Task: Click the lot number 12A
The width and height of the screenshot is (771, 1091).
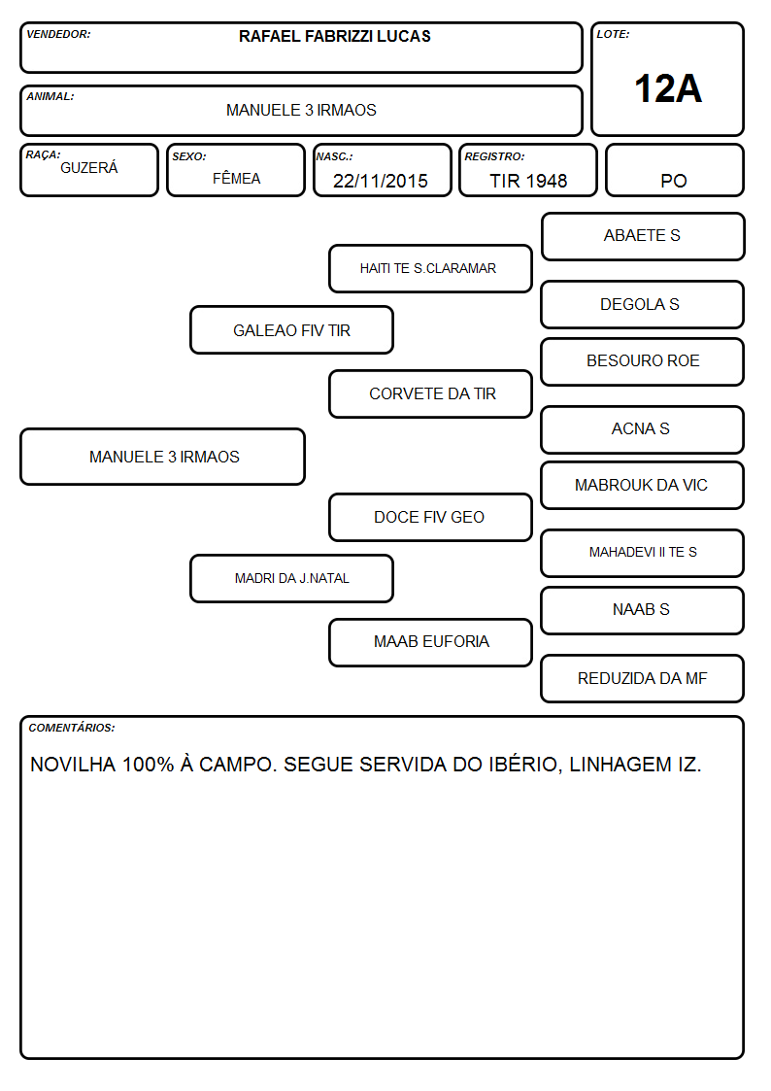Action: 667,89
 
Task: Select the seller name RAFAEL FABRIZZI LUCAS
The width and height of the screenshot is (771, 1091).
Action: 334,36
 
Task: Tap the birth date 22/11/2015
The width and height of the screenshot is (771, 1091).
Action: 381,181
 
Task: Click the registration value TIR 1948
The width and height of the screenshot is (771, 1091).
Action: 528,181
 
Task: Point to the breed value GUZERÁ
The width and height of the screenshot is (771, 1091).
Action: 89,168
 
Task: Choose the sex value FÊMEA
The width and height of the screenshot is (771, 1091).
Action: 236,178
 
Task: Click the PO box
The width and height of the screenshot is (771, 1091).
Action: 674,170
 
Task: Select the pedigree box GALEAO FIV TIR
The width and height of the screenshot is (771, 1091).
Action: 291,329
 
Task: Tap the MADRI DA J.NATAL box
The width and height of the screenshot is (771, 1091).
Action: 291,578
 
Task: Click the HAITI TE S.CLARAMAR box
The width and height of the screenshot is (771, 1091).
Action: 430,268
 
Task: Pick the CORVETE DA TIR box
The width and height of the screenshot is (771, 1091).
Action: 430,393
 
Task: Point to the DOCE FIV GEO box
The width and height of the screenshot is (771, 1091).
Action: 430,517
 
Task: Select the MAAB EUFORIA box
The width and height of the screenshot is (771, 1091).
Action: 430,642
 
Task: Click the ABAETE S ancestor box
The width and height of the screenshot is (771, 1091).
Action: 643,237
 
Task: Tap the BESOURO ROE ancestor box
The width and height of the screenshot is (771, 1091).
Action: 643,361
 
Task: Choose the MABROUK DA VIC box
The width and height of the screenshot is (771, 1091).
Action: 643,486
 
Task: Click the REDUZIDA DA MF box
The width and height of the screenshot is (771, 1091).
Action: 643,678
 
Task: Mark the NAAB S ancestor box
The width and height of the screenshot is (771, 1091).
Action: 643,610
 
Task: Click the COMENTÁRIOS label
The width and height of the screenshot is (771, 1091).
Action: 72,728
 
